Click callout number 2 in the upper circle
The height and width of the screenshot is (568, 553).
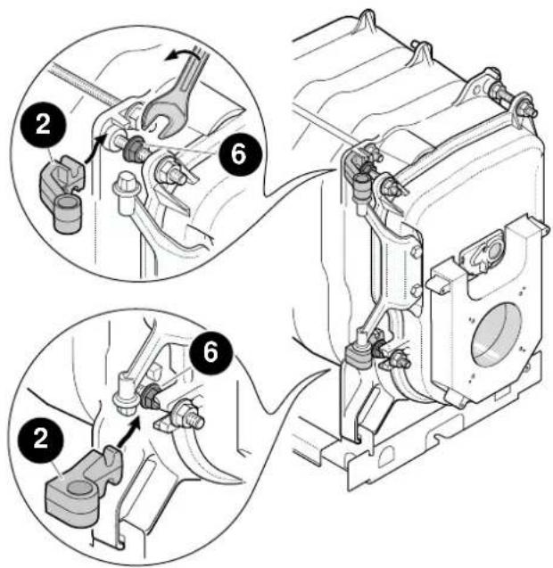[44, 125]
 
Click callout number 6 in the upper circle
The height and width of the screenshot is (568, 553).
[239, 153]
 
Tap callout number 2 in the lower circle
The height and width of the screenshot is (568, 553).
[41, 438]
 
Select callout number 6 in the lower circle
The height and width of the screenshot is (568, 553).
[210, 353]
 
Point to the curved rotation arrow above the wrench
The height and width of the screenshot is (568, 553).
[181, 55]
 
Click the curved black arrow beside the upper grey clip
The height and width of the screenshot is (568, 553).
[94, 149]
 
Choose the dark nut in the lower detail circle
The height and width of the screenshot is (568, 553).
[150, 396]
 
